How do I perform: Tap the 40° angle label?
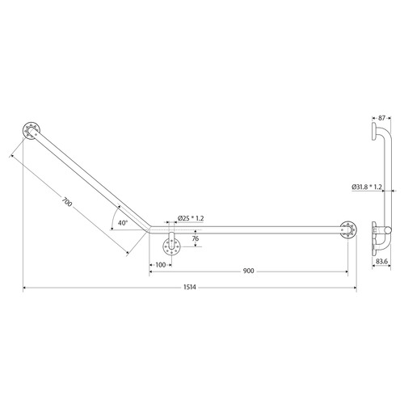[x=122, y=221]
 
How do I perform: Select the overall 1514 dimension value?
[x=189, y=288]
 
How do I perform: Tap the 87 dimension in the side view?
[x=381, y=117]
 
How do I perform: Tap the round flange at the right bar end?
[x=348, y=229]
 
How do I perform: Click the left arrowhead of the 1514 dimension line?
[x=25, y=288]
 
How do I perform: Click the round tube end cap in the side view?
[x=389, y=234]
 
